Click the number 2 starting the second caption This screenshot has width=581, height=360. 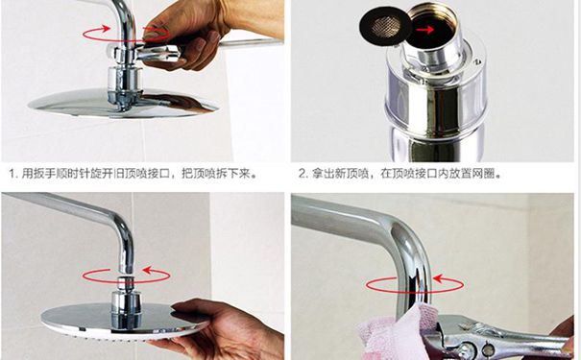click(x=302, y=174)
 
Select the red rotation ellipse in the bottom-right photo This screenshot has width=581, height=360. click(x=414, y=292)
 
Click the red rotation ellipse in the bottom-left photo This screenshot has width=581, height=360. click(x=126, y=283)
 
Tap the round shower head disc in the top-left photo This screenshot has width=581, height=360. click(x=122, y=103)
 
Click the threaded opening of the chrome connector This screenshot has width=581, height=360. click(x=433, y=23)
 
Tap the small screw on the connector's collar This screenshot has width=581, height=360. click(x=478, y=60)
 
